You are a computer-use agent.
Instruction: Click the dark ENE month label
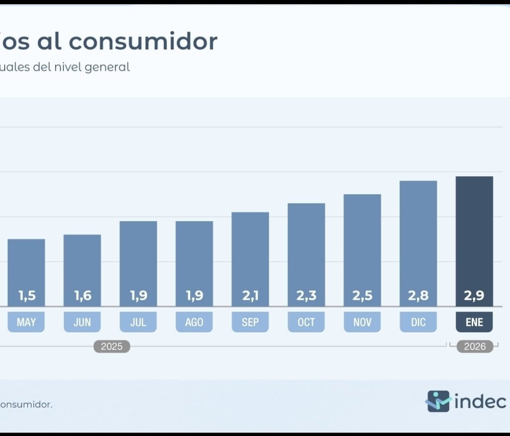[474, 322]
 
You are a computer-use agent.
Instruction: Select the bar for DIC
[418, 236]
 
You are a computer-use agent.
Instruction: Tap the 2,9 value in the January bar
[474, 296]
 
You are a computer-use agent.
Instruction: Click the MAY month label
[26, 322]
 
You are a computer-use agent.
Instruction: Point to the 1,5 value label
[26, 296]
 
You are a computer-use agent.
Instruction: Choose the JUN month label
[82, 322]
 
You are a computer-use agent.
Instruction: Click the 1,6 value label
[82, 296]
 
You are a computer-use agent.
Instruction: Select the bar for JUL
[138, 255]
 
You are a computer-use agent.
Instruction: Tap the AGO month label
[194, 322]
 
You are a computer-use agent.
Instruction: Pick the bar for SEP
[250, 250]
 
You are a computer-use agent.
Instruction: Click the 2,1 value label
[250, 296]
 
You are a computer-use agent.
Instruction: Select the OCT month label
[306, 322]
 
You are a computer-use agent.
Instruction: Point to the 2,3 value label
[306, 296]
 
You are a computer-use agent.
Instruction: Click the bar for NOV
[362, 241]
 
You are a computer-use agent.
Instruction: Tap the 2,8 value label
[418, 296]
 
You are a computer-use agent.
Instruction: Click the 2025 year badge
[111, 347]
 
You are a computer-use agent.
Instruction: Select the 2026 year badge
[475, 347]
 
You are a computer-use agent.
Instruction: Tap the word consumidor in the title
[143, 41]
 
